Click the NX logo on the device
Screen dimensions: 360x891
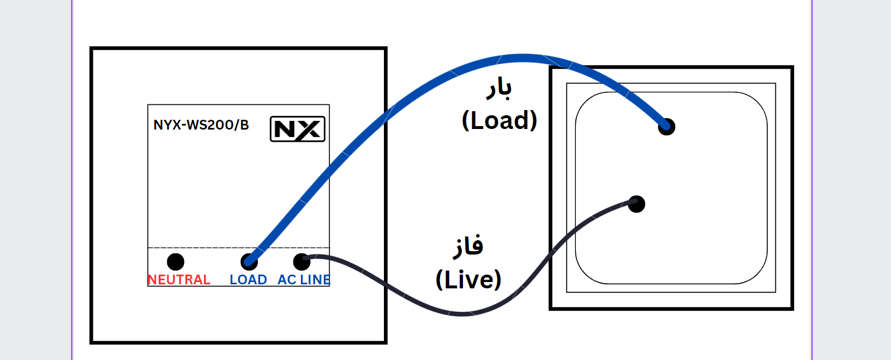click(297, 129)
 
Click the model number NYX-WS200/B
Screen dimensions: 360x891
click(201, 125)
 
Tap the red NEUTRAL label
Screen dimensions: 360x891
click(179, 280)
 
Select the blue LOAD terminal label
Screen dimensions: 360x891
click(248, 280)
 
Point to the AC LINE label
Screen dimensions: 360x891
click(304, 280)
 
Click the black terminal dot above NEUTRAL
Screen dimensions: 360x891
click(175, 262)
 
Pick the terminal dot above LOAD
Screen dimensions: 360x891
click(249, 262)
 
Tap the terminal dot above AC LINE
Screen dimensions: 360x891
click(301, 262)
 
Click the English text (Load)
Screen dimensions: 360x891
click(500, 120)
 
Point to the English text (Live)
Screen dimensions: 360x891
click(468, 280)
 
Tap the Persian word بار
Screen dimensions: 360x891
click(499, 88)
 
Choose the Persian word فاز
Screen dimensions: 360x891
click(468, 245)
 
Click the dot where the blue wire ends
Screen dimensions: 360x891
click(666, 127)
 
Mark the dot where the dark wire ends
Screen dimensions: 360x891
click(637, 203)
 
